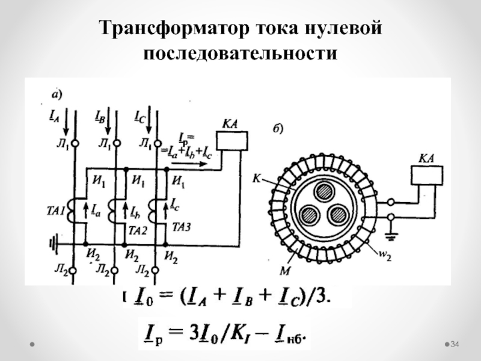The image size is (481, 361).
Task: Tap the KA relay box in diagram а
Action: tap(231, 140)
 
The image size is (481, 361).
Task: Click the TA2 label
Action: tap(138, 230)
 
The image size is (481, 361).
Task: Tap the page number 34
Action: tap(455, 344)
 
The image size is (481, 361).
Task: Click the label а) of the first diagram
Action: tap(55, 94)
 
